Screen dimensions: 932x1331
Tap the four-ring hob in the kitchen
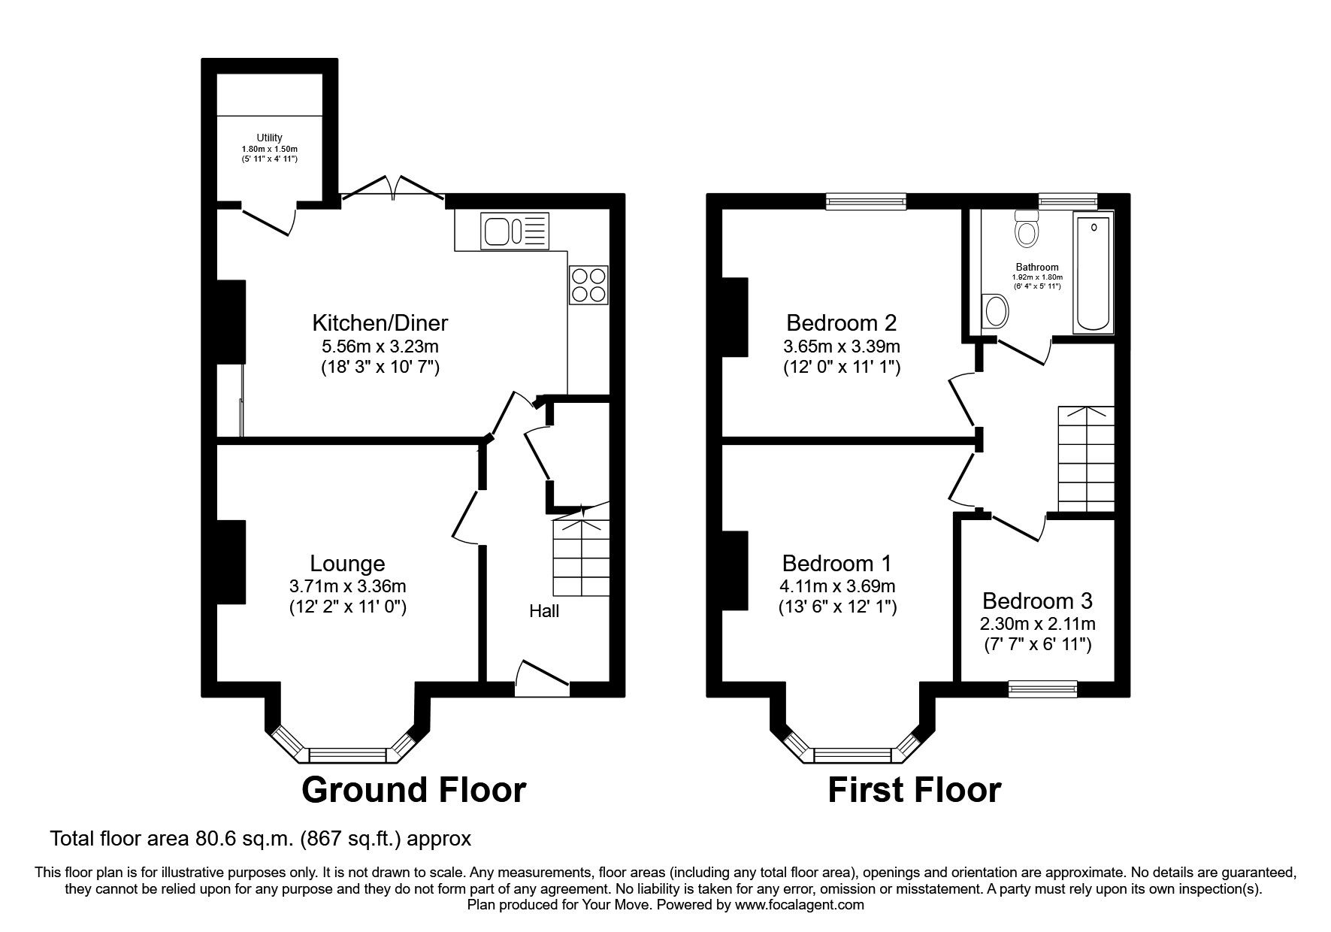pos(588,285)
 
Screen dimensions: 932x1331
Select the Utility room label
pos(269,138)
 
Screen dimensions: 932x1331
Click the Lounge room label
pos(347,563)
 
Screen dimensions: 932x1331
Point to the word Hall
pos(544,611)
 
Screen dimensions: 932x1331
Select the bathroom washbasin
pos(996,311)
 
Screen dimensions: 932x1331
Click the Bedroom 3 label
pos(1037,601)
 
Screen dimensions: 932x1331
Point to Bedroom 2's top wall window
pos(866,200)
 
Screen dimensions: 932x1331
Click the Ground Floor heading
pos(413,790)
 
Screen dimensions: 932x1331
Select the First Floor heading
pos(914,790)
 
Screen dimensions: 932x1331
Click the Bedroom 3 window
pos(1042,688)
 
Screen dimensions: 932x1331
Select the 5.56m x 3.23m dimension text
pos(380,346)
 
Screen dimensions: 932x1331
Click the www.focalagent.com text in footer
pos(800,905)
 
